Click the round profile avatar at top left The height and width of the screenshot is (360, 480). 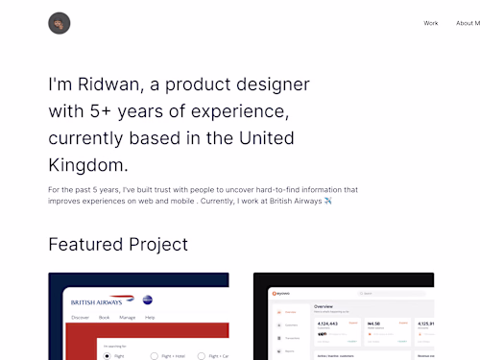point(60,23)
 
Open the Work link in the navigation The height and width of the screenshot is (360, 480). point(431,23)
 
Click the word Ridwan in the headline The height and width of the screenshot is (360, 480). point(103,84)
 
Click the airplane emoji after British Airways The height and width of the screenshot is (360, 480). point(328,201)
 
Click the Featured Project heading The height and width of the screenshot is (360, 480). point(118,244)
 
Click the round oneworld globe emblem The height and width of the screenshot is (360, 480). point(147,300)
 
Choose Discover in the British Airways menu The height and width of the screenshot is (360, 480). point(81,317)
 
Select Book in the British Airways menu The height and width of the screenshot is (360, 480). point(105,317)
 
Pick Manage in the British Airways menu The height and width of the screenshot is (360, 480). point(127,317)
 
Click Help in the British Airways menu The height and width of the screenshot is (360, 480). point(150,317)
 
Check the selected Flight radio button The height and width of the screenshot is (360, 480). point(107,355)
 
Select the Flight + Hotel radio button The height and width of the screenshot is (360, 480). point(154,355)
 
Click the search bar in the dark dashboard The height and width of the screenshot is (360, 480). point(384,293)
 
